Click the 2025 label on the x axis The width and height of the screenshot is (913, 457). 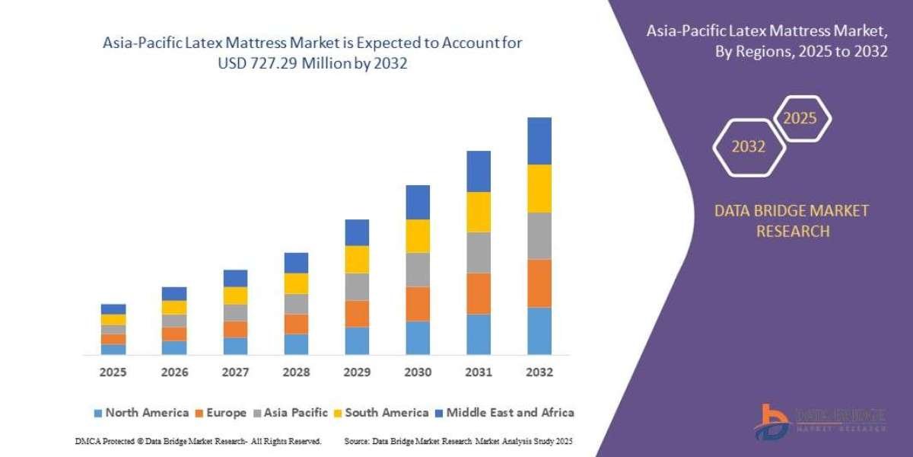[x=113, y=373]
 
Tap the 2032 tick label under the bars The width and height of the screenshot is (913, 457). [x=539, y=373]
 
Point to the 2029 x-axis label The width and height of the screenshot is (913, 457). [x=356, y=373]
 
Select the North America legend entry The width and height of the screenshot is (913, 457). [x=141, y=413]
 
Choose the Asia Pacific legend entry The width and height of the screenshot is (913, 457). [x=292, y=413]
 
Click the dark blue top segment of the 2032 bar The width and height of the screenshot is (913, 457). [x=539, y=141]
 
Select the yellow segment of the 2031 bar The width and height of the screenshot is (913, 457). [x=479, y=212]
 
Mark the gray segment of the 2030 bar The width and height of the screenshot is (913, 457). [x=418, y=270]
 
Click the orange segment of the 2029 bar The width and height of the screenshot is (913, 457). [x=357, y=314]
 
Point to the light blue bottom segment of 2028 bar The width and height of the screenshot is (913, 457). [x=296, y=344]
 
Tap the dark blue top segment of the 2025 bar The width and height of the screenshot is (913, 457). [x=113, y=309]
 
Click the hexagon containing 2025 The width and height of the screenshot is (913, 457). [x=801, y=119]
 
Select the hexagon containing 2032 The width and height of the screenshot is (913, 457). [x=749, y=147]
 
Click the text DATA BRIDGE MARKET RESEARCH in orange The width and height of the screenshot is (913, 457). [x=792, y=221]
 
